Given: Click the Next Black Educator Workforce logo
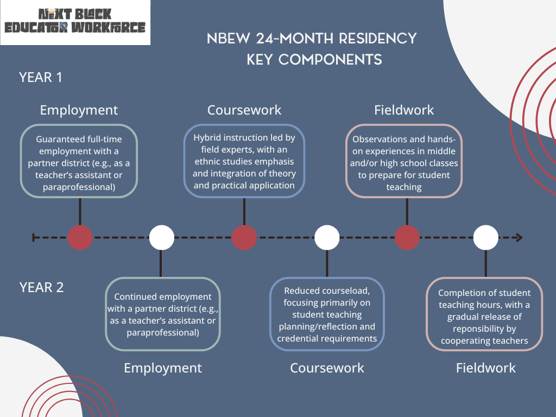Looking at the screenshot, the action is [75, 22].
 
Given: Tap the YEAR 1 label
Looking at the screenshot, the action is [40, 77].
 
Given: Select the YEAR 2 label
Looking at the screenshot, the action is [41, 287].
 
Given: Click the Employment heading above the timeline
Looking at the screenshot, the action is [79, 110].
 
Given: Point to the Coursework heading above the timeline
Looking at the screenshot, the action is [244, 110].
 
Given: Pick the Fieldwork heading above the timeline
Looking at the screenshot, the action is [404, 110].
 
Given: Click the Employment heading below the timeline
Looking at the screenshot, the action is [163, 368].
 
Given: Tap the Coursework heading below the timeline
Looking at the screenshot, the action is [327, 368].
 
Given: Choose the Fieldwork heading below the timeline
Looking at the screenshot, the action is [486, 368].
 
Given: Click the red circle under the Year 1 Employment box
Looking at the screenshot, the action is [80, 238].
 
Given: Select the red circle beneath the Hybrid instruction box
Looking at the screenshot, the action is [244, 238].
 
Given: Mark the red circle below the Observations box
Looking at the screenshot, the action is [407, 238].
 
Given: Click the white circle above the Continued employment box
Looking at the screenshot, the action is [162, 238].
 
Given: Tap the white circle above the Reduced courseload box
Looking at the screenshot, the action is [327, 238].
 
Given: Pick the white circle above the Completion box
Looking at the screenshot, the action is [486, 238].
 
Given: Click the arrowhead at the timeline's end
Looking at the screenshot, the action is [519, 238].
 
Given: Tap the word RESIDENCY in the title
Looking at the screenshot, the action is [378, 39].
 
